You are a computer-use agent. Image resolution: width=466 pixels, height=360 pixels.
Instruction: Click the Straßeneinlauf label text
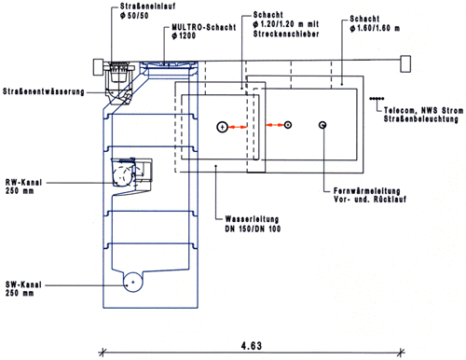click(x=147, y=7)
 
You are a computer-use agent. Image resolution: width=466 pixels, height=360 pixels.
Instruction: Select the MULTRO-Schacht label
click(x=204, y=27)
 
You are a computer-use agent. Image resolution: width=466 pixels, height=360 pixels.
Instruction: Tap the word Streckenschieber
click(x=286, y=34)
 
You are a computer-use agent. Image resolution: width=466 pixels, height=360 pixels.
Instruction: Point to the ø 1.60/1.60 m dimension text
click(x=375, y=28)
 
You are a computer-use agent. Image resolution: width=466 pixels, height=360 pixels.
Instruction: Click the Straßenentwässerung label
click(x=44, y=91)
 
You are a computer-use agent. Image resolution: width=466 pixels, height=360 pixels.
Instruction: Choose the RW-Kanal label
click(x=23, y=182)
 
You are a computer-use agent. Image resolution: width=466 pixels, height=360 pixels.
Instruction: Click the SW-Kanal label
click(x=23, y=284)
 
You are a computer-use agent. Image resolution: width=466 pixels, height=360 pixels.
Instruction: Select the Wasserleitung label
click(x=252, y=219)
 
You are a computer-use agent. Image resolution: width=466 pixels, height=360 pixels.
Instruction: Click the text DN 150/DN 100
click(x=253, y=228)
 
